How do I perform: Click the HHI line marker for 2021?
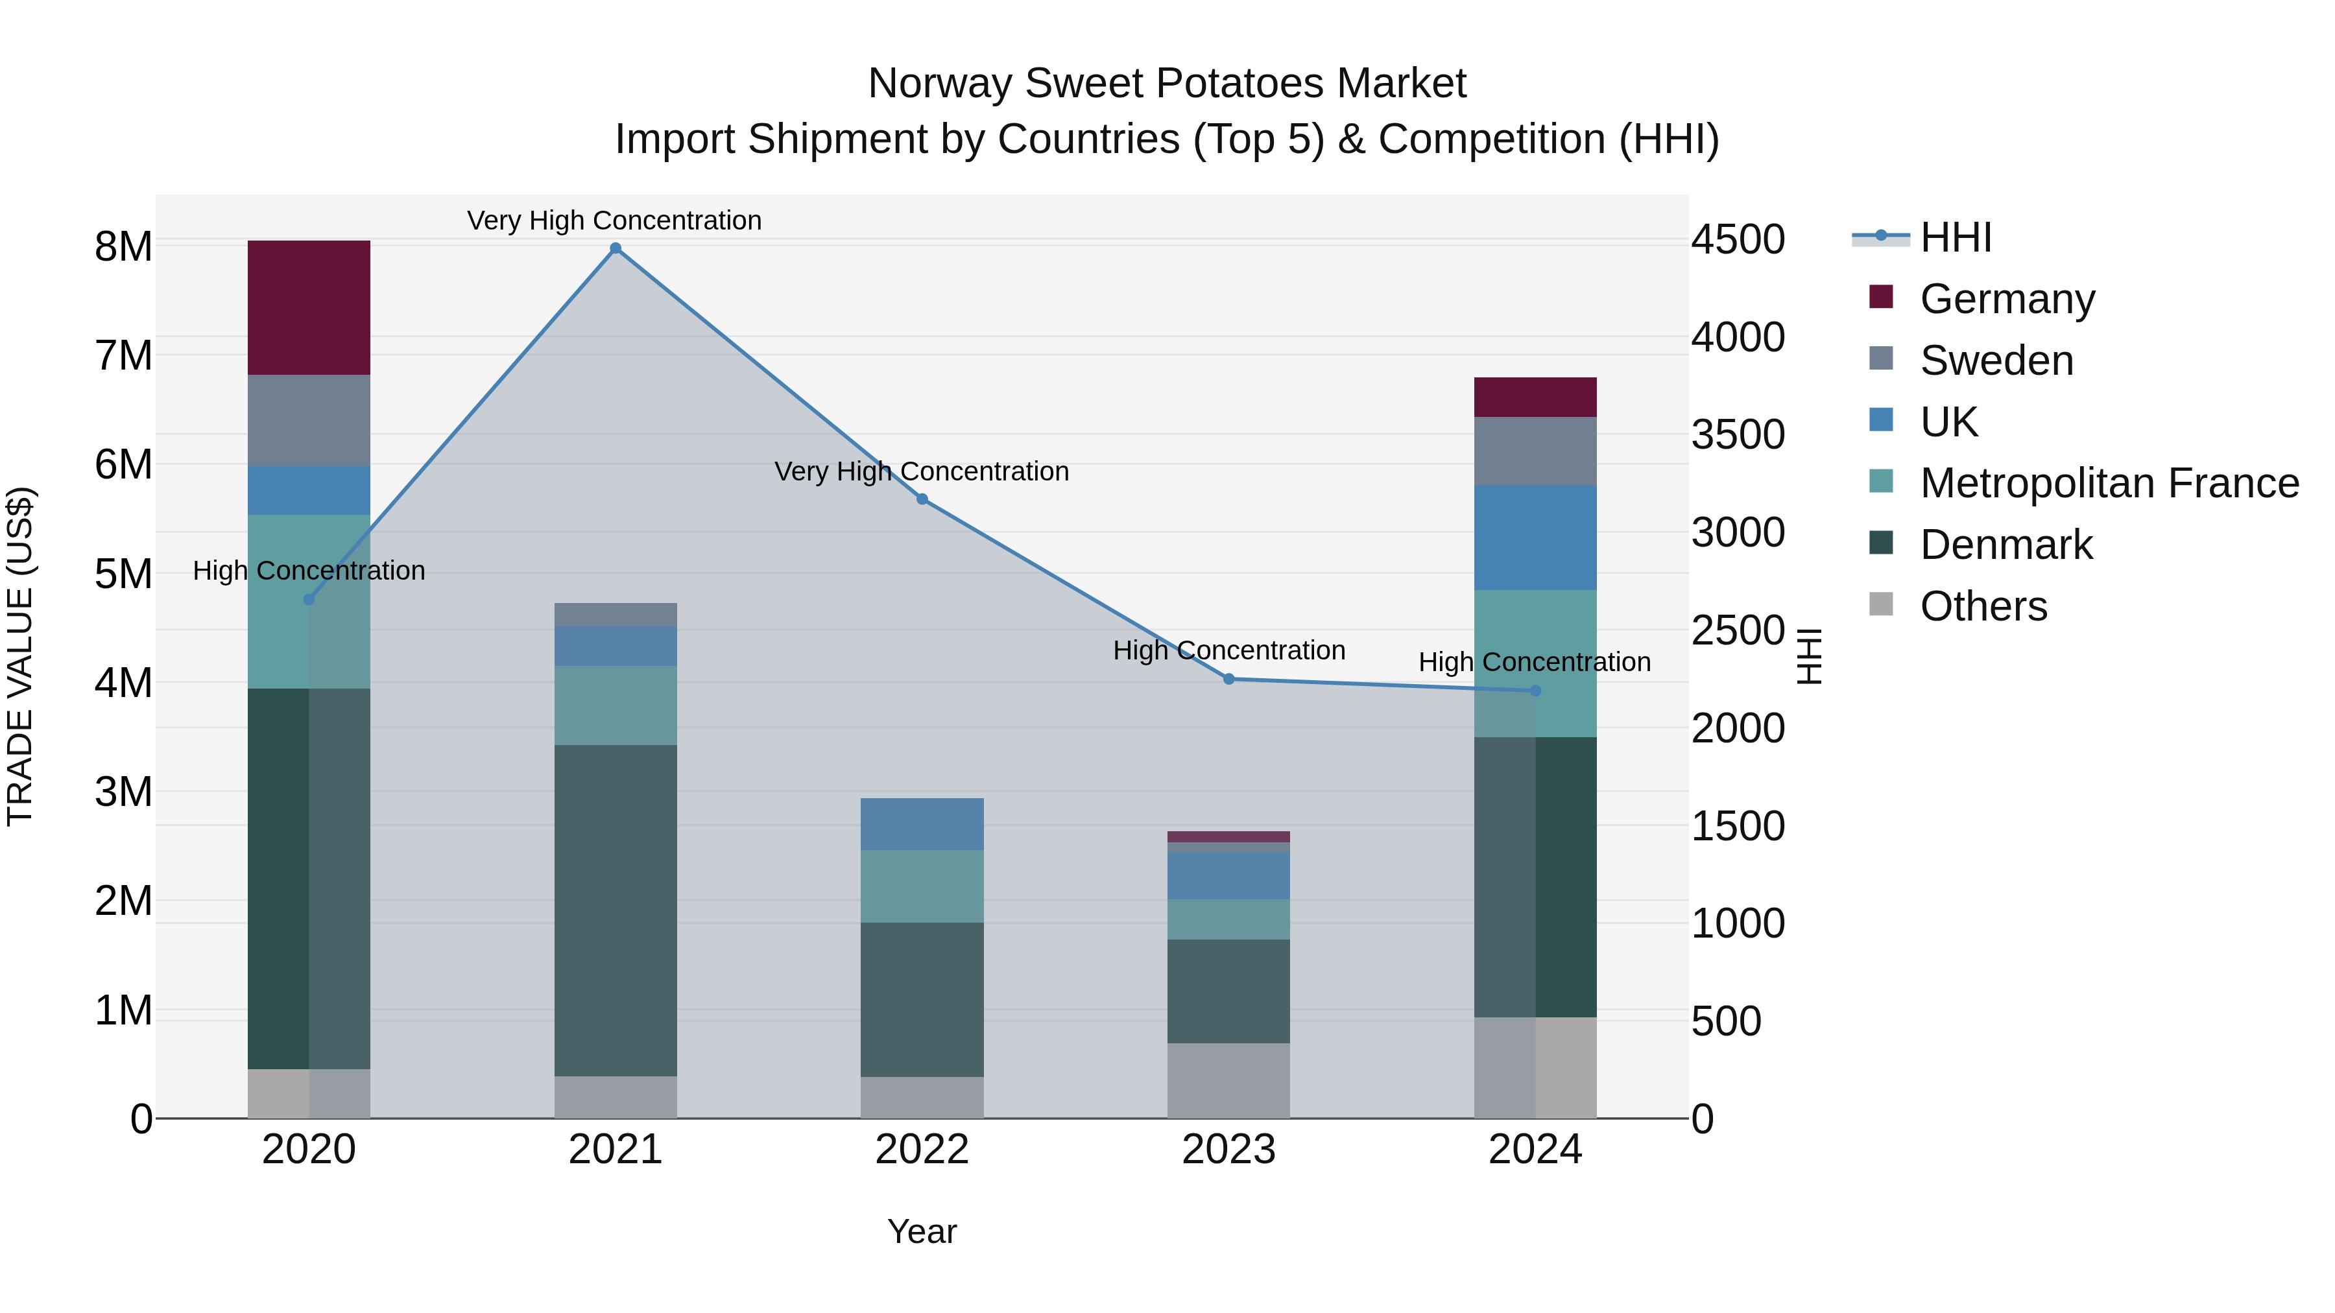coord(616,248)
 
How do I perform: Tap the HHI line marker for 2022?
coord(922,499)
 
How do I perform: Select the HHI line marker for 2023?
coord(1229,679)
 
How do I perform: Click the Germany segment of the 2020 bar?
coord(309,307)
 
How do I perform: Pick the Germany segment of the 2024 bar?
coord(1535,397)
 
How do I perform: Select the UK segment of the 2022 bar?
coord(922,823)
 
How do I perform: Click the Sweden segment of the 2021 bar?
coord(616,615)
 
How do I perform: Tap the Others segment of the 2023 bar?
coord(1228,1080)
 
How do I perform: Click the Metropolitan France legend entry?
coord(2109,483)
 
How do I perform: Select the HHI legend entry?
coord(1955,237)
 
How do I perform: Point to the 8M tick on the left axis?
coord(123,246)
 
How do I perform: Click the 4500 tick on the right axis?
coord(1738,240)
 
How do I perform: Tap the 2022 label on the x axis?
coord(922,1150)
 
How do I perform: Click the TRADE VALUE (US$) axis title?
coord(20,656)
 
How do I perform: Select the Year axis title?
coord(922,1231)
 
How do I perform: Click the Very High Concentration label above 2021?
coord(614,220)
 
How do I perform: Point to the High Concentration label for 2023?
coord(1228,650)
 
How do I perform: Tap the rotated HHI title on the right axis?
coord(1809,656)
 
